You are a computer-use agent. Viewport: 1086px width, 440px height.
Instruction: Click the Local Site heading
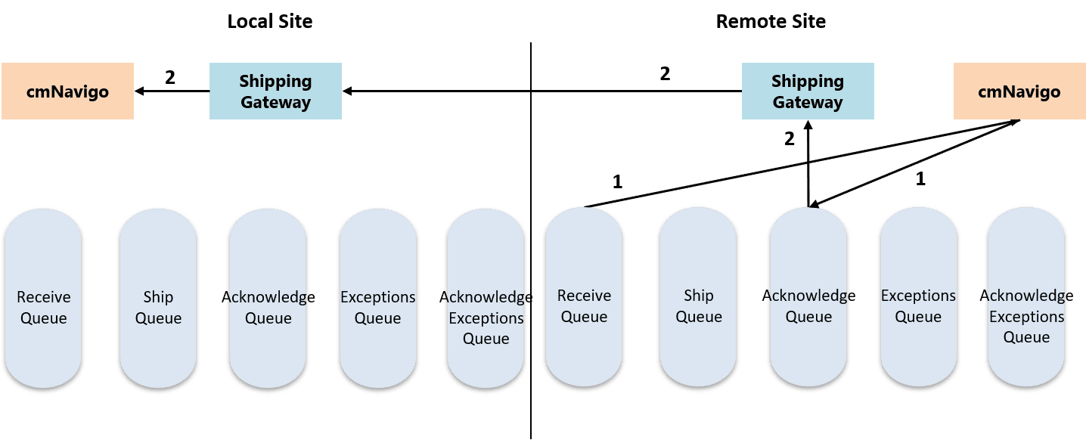(x=269, y=21)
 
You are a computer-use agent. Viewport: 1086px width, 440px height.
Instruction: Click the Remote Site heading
(x=770, y=21)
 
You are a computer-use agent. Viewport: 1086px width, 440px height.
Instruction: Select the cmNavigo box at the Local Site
(x=67, y=91)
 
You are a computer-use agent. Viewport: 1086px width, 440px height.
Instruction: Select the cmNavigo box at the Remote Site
(x=1019, y=91)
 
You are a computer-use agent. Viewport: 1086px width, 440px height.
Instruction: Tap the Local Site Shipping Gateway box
(x=275, y=91)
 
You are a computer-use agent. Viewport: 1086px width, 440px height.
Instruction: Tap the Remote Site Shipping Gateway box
(x=807, y=91)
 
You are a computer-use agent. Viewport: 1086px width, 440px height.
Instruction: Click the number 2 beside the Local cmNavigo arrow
(x=170, y=77)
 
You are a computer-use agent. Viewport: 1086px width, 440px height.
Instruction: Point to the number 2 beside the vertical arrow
(x=789, y=139)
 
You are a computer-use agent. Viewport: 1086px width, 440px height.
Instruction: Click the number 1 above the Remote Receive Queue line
(x=617, y=181)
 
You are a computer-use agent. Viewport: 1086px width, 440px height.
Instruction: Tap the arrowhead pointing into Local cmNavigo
(x=140, y=91)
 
